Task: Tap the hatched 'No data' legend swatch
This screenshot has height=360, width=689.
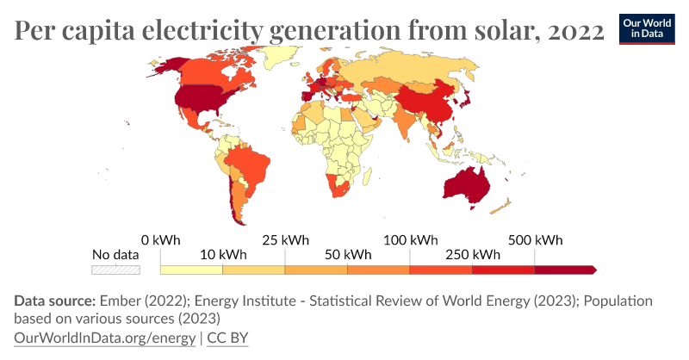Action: click(x=115, y=270)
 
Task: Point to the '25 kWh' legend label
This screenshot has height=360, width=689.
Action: click(x=285, y=239)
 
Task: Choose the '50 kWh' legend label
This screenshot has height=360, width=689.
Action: click(x=348, y=255)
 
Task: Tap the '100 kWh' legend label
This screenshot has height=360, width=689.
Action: click(x=411, y=239)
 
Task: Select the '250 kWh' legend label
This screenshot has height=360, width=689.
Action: click(x=473, y=255)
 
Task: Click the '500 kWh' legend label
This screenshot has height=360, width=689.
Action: click(x=536, y=239)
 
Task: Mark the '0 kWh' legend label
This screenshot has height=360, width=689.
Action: click(x=160, y=239)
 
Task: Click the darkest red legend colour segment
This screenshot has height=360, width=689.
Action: click(x=565, y=270)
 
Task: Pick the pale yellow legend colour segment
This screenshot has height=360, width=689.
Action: click(x=191, y=270)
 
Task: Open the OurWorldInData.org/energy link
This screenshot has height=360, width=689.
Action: click(x=104, y=338)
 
